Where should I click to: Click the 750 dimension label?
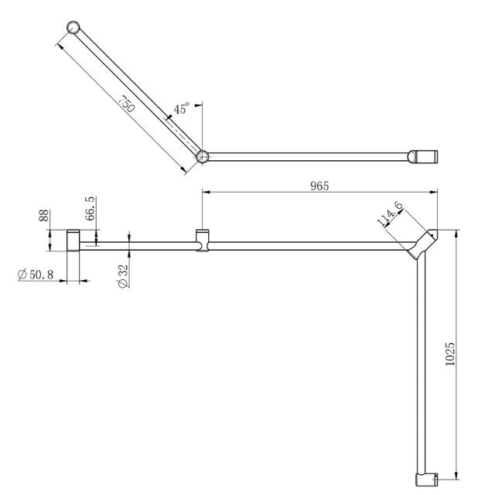point(125,103)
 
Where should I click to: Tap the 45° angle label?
point(182,109)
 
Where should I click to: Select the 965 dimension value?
point(319,185)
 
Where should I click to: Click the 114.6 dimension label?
point(389,213)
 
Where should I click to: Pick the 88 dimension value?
point(43,214)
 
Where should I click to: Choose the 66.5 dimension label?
point(90,210)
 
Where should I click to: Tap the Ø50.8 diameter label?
point(38,274)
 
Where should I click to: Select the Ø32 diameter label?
point(121,275)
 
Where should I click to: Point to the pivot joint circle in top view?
point(203,156)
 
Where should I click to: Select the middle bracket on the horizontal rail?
point(203,241)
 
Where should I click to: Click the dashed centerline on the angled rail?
point(182,133)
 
